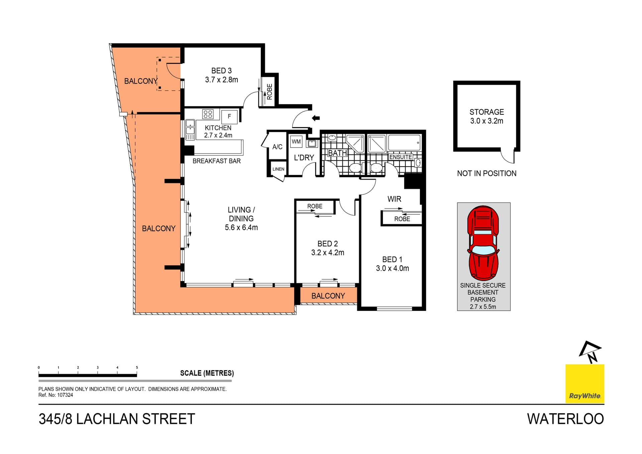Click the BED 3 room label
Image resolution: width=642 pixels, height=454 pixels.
[x=221, y=71]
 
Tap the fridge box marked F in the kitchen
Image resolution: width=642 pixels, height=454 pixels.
[x=229, y=117]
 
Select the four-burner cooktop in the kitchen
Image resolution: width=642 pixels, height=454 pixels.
[x=208, y=114]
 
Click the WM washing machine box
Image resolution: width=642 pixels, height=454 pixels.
[x=296, y=142]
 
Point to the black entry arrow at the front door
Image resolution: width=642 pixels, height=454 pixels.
[x=316, y=118]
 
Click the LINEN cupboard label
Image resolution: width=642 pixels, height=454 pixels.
[x=278, y=169]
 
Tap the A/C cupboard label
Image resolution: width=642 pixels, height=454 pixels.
[x=277, y=147]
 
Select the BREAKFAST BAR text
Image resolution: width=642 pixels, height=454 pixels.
[x=216, y=161]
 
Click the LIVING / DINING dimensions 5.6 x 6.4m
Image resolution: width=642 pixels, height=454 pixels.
[x=241, y=228]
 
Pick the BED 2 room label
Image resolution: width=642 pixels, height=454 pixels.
[x=327, y=244]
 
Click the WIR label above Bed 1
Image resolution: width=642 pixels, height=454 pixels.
[x=394, y=199]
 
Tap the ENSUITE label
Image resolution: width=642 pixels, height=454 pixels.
[x=400, y=157]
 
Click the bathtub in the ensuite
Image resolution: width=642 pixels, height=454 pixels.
[x=404, y=143]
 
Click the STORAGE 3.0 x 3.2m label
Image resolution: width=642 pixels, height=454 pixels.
[x=487, y=116]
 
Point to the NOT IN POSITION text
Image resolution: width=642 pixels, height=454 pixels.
[x=487, y=174]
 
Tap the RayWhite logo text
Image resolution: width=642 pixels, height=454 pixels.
[x=585, y=396]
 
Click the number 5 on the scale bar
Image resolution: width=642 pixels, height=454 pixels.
[x=137, y=368]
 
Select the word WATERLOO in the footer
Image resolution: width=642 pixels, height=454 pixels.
[x=565, y=419]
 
